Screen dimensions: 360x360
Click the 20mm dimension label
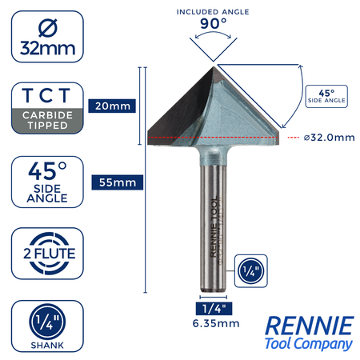pyautogui.click(x=112, y=106)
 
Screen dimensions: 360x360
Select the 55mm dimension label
pyautogui.click(x=118, y=182)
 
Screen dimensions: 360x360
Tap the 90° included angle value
pyautogui.click(x=214, y=23)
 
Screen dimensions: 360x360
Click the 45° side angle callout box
pyautogui.click(x=326, y=96)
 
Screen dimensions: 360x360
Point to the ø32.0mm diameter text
pyautogui.click(x=330, y=138)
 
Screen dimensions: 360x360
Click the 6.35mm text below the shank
pyautogui.click(x=216, y=323)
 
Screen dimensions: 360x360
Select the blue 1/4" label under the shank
pyautogui.click(x=214, y=309)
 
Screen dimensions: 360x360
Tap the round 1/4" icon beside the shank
pyautogui.click(x=250, y=271)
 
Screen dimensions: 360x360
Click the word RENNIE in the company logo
pyautogui.click(x=310, y=326)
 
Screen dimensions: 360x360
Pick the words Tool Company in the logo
pyautogui.click(x=309, y=343)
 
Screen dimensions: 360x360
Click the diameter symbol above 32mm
pyautogui.click(x=48, y=28)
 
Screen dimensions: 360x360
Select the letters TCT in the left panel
pyautogui.click(x=46, y=95)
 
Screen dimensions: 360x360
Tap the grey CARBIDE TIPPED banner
pyautogui.click(x=47, y=121)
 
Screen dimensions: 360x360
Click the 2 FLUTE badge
pyautogui.click(x=50, y=254)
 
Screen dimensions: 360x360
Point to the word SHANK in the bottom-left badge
pyautogui.click(x=47, y=346)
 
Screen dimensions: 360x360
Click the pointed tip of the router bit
pyautogui.click(x=214, y=67)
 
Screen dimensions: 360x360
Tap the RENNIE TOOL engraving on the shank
pyautogui.click(x=214, y=227)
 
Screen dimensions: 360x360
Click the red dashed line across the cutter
pyautogui.click(x=214, y=138)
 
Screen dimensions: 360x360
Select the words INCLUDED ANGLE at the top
pyautogui.click(x=213, y=12)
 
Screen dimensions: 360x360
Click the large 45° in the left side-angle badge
pyautogui.click(x=47, y=171)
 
